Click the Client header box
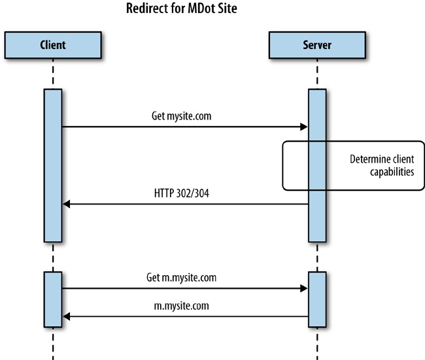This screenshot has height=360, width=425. [52, 45]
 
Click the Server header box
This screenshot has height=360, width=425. [317, 45]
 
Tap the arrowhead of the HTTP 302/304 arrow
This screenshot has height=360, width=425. [66, 205]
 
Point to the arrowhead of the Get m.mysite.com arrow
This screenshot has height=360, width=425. [303, 288]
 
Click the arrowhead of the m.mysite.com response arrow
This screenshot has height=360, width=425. [66, 317]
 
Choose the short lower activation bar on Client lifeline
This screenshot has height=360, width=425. [53, 299]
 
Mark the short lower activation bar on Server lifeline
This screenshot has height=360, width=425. [317, 299]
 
